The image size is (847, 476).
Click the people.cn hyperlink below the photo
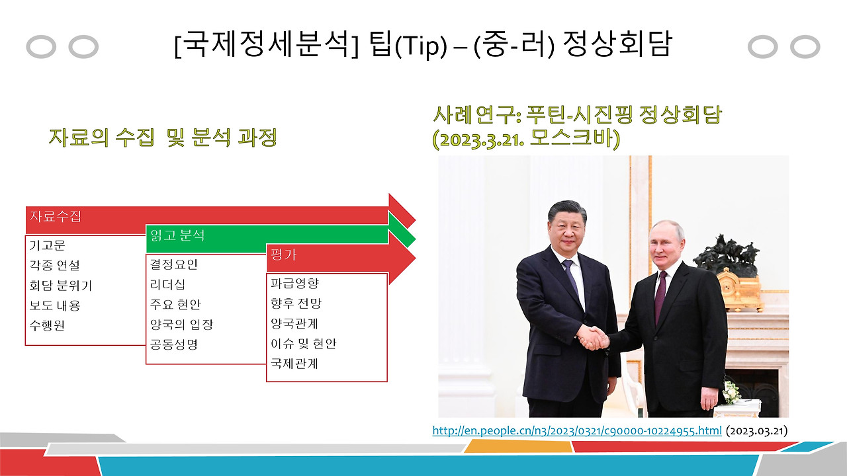(577, 431)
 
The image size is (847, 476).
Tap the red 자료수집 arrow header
(56, 216)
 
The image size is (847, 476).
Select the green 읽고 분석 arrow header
(178, 235)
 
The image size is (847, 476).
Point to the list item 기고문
(47, 245)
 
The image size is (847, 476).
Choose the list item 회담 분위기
(60, 286)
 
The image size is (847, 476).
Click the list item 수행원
(47, 325)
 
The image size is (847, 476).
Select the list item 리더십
(167, 285)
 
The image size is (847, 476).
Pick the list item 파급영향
(294, 283)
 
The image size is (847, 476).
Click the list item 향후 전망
(296, 303)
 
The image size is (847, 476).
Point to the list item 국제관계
(294, 364)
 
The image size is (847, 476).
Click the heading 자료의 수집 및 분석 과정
(162, 138)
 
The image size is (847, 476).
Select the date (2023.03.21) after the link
(756, 431)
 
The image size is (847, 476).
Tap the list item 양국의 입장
(182, 325)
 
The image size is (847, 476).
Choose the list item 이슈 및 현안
(304, 344)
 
